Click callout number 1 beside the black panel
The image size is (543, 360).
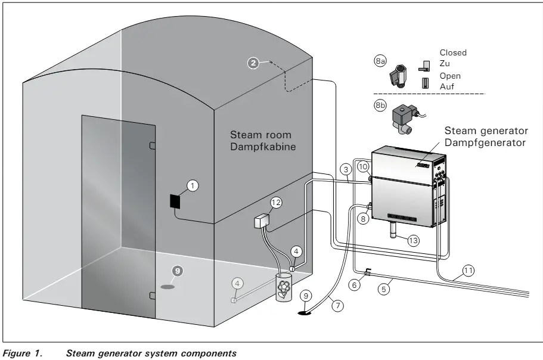tap(192, 186)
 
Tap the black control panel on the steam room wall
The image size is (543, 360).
tap(175, 201)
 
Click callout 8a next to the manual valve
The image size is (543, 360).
tap(380, 61)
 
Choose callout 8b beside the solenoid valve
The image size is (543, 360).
tap(380, 105)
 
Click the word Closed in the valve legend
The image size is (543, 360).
tap(452, 52)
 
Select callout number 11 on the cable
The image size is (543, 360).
tap(468, 271)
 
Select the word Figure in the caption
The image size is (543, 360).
tap(16, 353)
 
